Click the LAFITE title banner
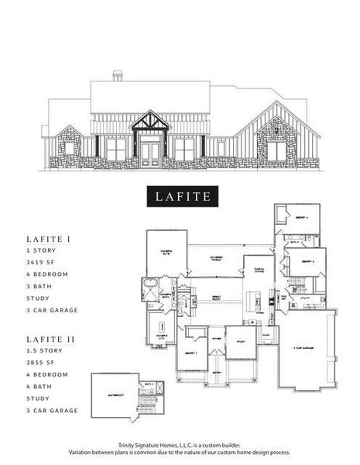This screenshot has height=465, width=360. click(180, 196)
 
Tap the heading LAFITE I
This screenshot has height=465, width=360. click(49, 240)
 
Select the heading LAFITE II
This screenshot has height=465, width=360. click(50, 339)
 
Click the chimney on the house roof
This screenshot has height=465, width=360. click(118, 76)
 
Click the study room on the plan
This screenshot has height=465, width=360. click(241, 343)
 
